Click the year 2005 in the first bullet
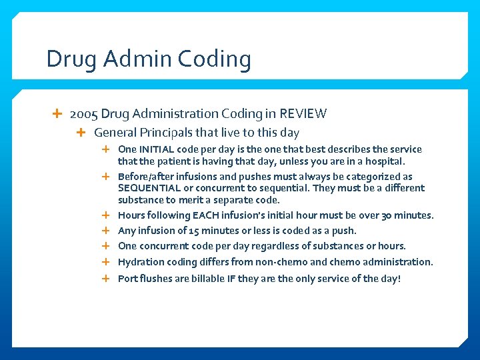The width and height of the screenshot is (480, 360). [x=83, y=114]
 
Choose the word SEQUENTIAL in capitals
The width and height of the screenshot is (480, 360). [x=149, y=188]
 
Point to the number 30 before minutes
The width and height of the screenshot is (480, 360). [x=391, y=215]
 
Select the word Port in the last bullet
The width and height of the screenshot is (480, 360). [x=128, y=278]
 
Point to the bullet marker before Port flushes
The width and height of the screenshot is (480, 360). [x=105, y=278]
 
